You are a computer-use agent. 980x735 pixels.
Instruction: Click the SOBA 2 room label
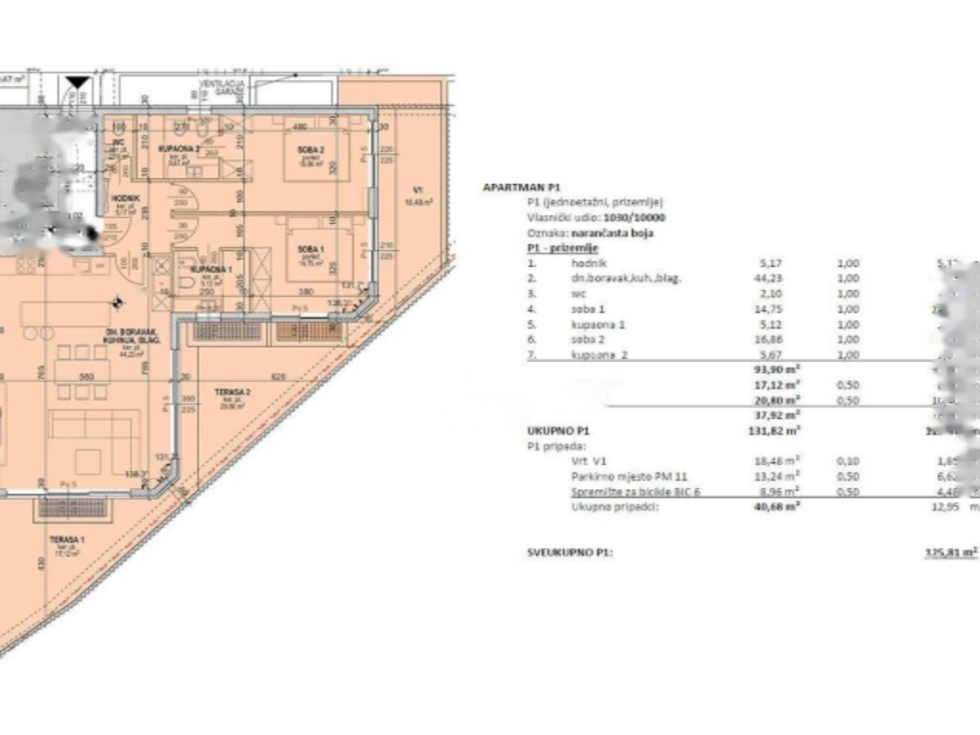point(310,149)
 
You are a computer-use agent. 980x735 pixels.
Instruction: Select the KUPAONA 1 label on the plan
point(216,271)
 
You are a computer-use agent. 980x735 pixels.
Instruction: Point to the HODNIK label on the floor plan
point(126,197)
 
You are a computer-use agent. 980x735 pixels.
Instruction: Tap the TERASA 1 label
point(68,542)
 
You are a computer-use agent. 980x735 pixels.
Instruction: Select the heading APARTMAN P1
point(522,188)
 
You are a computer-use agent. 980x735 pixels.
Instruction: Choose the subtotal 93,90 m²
point(777,369)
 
